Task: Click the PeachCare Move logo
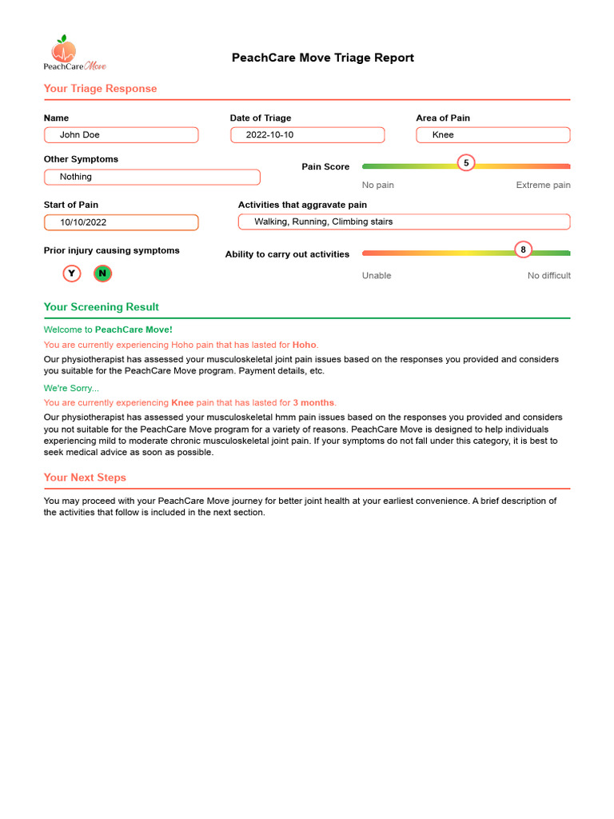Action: point(74,54)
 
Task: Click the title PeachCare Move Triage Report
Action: point(323,58)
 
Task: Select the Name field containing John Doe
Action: point(121,135)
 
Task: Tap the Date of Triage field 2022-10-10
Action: point(307,135)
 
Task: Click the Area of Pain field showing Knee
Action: point(492,135)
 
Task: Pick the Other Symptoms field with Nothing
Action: point(152,177)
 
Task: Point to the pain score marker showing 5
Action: point(466,163)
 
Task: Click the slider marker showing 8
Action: point(523,250)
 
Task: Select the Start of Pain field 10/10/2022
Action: point(121,222)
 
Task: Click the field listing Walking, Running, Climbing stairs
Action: point(404,222)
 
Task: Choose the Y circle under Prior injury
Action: point(72,274)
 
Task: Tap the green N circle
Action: point(102,274)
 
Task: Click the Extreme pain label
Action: point(543,185)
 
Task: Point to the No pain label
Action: point(377,185)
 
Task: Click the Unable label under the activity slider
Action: point(377,276)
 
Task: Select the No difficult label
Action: point(548,276)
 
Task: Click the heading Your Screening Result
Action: point(101,307)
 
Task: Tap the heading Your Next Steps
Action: point(85,477)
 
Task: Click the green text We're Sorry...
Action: point(71,389)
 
